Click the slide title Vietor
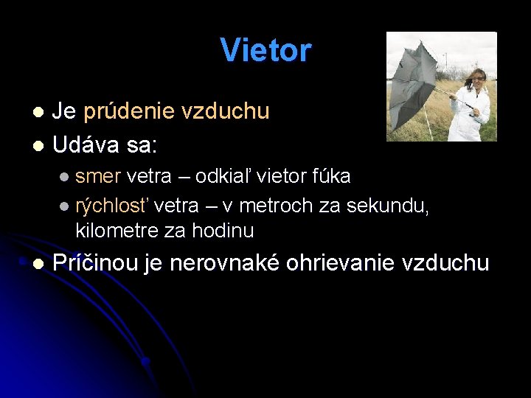click(265, 51)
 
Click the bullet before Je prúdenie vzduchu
click(38, 112)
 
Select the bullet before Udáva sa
click(38, 146)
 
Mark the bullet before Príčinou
click(38, 264)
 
